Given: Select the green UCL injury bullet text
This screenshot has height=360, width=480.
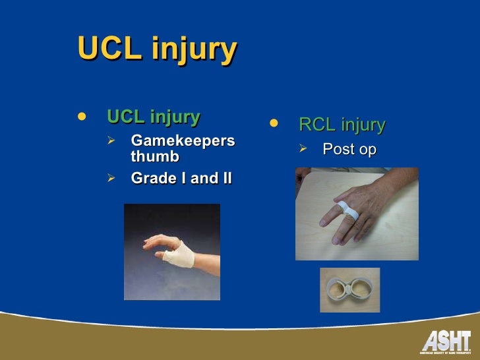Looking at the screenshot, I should pos(153,117).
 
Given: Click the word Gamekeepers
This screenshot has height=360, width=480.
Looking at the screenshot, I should pos(183,140).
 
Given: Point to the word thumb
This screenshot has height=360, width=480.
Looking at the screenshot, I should pos(155,156).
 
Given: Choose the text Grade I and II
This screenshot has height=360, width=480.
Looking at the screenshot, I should pos(181,178).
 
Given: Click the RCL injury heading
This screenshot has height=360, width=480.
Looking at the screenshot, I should pos(342,125).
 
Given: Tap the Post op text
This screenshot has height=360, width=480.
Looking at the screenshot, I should pos(349,150).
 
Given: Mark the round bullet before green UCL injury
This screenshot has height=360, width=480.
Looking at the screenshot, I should pos(82,117).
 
